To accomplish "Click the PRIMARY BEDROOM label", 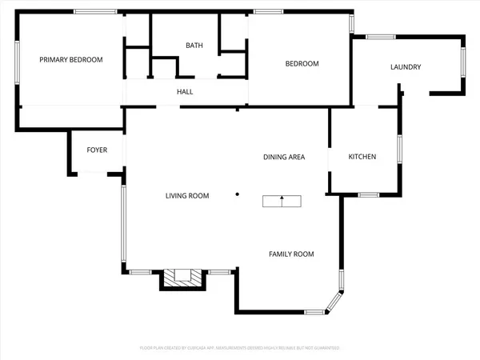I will [x=72, y=59].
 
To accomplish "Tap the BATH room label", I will [x=194, y=46].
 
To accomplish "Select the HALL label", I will [x=185, y=91].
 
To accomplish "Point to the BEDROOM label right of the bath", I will [x=302, y=64].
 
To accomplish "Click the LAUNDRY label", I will [x=406, y=67].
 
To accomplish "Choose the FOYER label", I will [x=97, y=150].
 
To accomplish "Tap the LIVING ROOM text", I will [x=187, y=196].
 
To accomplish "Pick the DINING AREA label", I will [x=284, y=157].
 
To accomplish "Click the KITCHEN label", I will [x=362, y=157].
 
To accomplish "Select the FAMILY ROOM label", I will [x=290, y=254].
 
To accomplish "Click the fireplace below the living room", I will [x=185, y=278].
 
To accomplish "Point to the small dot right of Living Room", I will [x=237, y=194].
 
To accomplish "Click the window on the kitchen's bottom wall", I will [x=368, y=194].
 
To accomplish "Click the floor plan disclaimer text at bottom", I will [x=240, y=348].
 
